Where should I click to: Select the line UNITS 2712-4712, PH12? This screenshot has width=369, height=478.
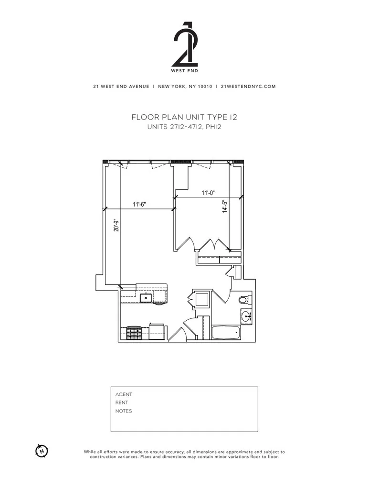(184, 127)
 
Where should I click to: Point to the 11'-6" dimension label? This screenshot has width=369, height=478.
(139, 204)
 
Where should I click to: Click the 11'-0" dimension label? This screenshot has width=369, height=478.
(208, 193)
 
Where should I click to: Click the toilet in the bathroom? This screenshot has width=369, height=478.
(245, 300)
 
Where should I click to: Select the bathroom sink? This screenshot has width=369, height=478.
(246, 316)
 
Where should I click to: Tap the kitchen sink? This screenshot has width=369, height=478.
(147, 299)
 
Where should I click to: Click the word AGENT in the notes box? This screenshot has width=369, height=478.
(124, 394)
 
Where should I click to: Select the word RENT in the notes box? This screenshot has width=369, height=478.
(122, 402)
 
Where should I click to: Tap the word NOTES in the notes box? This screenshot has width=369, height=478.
(124, 411)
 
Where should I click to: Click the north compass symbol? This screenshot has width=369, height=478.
(42, 450)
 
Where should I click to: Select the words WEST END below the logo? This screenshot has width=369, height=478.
(184, 71)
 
